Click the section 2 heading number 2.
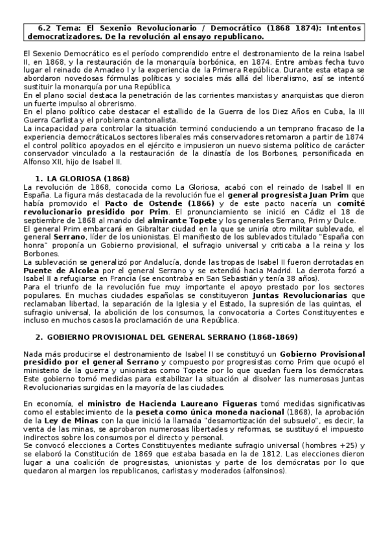(39, 338)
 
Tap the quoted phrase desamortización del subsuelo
(271, 420)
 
